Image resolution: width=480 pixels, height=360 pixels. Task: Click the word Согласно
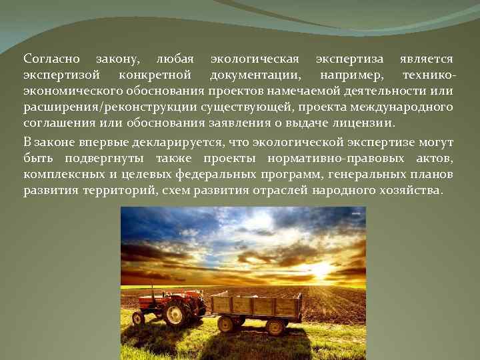pyautogui.click(x=49, y=59)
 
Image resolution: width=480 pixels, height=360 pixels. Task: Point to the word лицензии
pyautogui.click(x=365, y=123)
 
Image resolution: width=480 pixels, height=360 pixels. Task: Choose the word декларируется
pyautogui.click(x=177, y=142)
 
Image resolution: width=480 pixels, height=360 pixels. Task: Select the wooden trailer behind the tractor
pyautogui.click(x=256, y=307)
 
